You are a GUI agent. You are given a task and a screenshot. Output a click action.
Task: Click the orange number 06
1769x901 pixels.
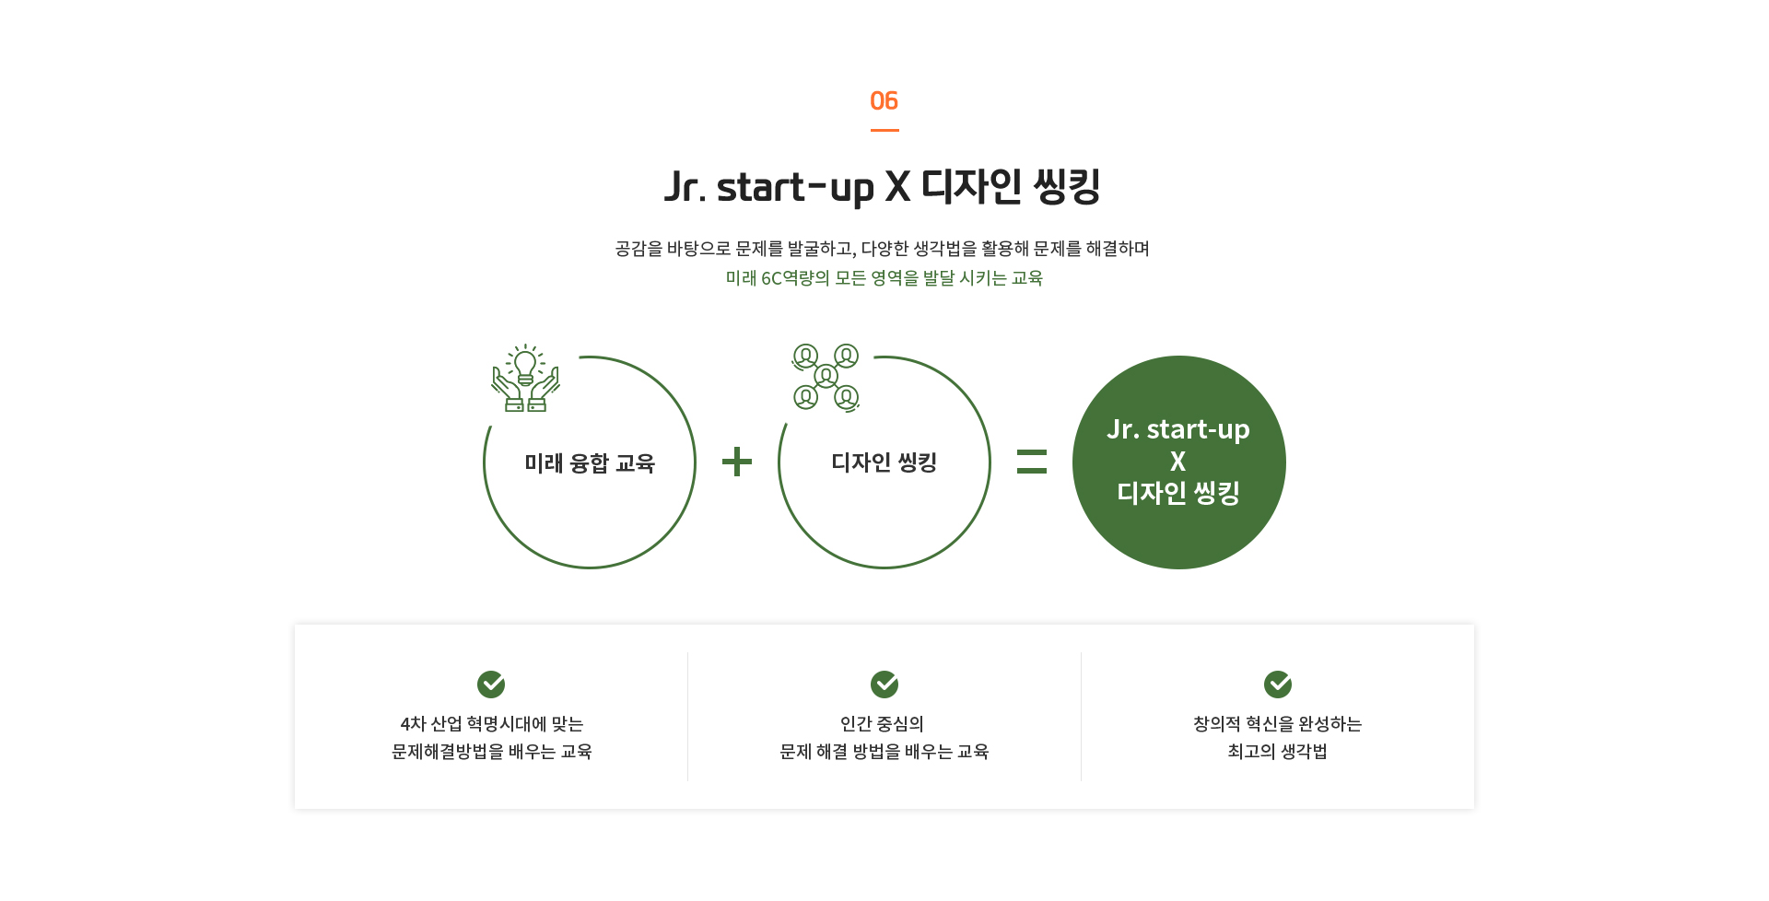[x=884, y=100]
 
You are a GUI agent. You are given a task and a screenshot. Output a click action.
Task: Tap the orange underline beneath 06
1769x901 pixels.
[x=884, y=130]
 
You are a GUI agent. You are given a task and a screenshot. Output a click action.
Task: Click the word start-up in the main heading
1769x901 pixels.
[x=795, y=188]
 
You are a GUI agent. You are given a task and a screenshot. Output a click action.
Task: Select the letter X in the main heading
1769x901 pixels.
[x=897, y=186]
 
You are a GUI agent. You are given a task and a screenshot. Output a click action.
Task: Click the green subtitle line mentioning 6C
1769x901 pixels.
[x=884, y=277]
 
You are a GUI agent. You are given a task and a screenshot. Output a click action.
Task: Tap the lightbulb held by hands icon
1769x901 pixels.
[x=525, y=378]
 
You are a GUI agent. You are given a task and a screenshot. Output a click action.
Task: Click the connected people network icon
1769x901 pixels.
[x=826, y=377]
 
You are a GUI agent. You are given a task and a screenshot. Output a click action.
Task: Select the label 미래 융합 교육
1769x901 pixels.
[x=590, y=462]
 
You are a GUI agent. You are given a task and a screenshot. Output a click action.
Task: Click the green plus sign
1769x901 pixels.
[x=737, y=462]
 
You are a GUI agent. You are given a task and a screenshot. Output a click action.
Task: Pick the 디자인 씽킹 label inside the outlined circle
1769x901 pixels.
[x=884, y=462]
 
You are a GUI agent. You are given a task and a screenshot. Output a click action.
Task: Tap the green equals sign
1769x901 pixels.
[x=1032, y=462]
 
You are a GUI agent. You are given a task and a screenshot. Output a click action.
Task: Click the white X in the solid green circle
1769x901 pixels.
[x=1178, y=462]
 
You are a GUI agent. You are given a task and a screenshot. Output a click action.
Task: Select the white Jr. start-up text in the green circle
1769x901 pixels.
[x=1178, y=429]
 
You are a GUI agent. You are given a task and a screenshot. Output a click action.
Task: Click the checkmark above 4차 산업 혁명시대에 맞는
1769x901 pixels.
[x=491, y=685]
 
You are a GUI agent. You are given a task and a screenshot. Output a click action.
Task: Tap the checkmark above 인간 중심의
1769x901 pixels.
[x=884, y=685]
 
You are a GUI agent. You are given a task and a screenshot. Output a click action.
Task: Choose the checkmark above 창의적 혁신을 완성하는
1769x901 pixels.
[x=1278, y=685]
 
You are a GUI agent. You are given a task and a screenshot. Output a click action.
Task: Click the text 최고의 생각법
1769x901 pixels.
[x=1278, y=751]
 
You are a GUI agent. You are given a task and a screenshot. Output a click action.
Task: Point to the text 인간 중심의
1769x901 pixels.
[x=883, y=723]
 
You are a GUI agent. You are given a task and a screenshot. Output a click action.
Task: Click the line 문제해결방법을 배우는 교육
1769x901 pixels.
[x=492, y=751]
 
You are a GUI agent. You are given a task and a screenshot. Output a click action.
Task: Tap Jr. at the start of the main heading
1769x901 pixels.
[x=685, y=187]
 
